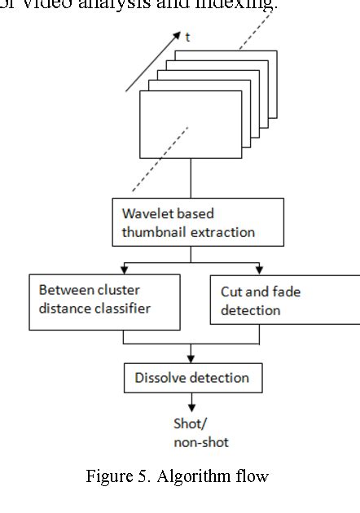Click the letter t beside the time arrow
click(x=187, y=37)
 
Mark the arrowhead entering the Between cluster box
click(x=125, y=269)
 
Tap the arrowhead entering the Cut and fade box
click(x=260, y=270)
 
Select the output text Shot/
click(x=190, y=424)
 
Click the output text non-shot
click(x=201, y=442)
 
